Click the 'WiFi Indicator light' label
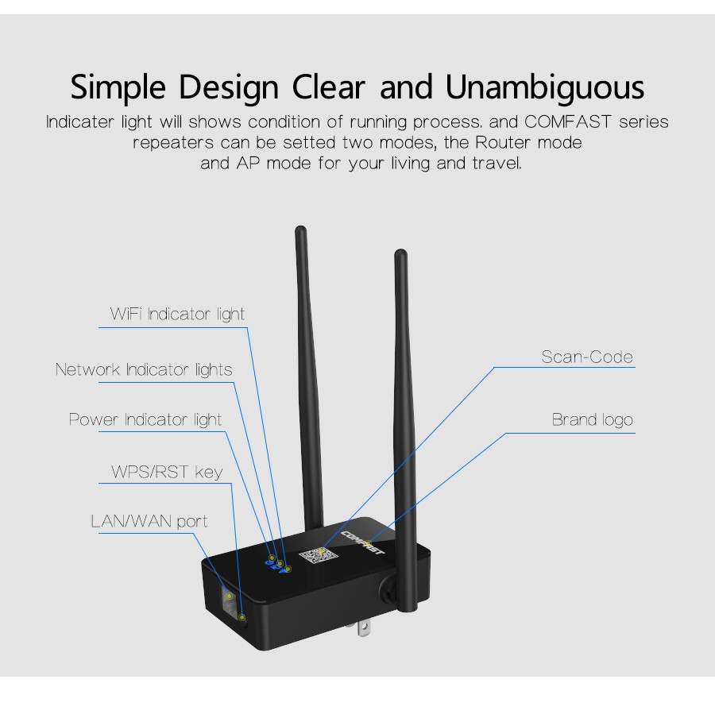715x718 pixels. (x=177, y=315)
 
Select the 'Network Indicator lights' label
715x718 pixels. (x=144, y=370)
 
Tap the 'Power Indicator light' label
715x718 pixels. (x=145, y=420)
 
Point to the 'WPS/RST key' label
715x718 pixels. (x=167, y=472)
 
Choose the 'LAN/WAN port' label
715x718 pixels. (x=149, y=522)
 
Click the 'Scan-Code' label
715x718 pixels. (x=587, y=357)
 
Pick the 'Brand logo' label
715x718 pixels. (x=592, y=420)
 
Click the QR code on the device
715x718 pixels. (x=319, y=556)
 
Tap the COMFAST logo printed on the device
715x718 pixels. (x=363, y=542)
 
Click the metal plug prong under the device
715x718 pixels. (x=364, y=628)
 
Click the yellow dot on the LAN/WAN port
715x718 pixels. (x=229, y=596)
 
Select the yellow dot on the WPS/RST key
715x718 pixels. (x=242, y=618)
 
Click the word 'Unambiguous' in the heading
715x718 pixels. (x=545, y=87)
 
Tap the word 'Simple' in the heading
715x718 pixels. (x=118, y=87)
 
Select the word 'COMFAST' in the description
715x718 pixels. (x=568, y=122)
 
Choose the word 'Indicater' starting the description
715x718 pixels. (x=80, y=122)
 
